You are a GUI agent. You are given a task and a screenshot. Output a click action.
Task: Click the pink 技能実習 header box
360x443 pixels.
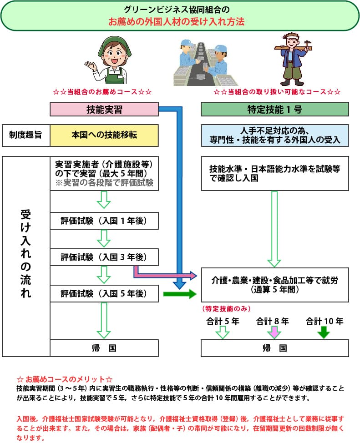click(104, 109)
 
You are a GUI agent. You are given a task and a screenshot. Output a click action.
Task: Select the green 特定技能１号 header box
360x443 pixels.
click(275, 109)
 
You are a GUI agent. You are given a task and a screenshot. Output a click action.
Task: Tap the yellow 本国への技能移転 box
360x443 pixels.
click(104, 135)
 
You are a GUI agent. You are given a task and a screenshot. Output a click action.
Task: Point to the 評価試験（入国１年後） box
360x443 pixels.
click(104, 221)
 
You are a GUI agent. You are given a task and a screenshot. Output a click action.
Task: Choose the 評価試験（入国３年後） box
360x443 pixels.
click(104, 257)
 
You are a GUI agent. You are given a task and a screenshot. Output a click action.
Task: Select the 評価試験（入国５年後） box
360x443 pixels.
click(104, 293)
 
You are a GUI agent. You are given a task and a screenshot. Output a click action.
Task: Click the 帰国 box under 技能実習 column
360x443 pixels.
click(104, 348)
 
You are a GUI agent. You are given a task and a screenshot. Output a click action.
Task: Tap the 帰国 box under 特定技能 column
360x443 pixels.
click(275, 348)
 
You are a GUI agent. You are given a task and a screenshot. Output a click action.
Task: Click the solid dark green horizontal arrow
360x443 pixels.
click(178, 294)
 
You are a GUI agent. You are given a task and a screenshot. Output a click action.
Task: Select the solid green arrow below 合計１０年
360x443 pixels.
click(323, 332)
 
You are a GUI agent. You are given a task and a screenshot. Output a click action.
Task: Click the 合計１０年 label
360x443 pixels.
click(325, 321)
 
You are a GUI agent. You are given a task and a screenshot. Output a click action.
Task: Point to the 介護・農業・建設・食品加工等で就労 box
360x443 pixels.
click(275, 284)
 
